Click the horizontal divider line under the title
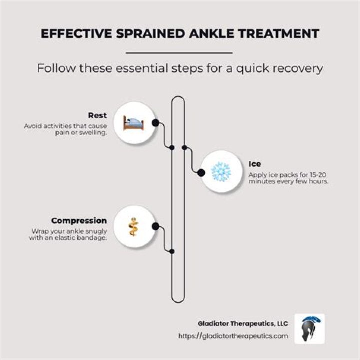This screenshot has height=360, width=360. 179,53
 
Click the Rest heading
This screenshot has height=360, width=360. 97,115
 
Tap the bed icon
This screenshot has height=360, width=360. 134,123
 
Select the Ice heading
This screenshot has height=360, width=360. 255,164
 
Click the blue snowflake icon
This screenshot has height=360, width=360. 221,172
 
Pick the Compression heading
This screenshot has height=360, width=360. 79,221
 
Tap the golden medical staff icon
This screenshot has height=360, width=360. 133,227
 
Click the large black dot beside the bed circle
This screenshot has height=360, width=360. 155,123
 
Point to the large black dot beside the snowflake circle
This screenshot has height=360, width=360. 201,173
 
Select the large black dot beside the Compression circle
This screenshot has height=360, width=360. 155,226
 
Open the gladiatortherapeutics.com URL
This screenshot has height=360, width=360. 233,336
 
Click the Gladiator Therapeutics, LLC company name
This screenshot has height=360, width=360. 243,323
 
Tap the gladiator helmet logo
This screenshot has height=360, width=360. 309,329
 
